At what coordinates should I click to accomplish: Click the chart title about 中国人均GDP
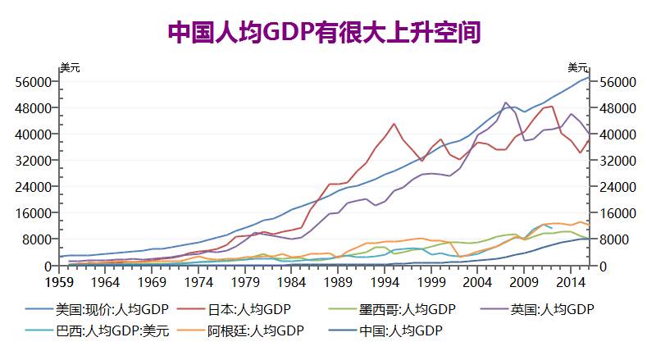tap(323, 32)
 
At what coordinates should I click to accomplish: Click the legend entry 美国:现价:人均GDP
tap(107, 309)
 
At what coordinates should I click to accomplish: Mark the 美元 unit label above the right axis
tap(578, 67)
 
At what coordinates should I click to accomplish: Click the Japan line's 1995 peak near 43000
tap(394, 124)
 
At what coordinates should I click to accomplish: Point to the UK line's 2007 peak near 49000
tap(505, 103)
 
